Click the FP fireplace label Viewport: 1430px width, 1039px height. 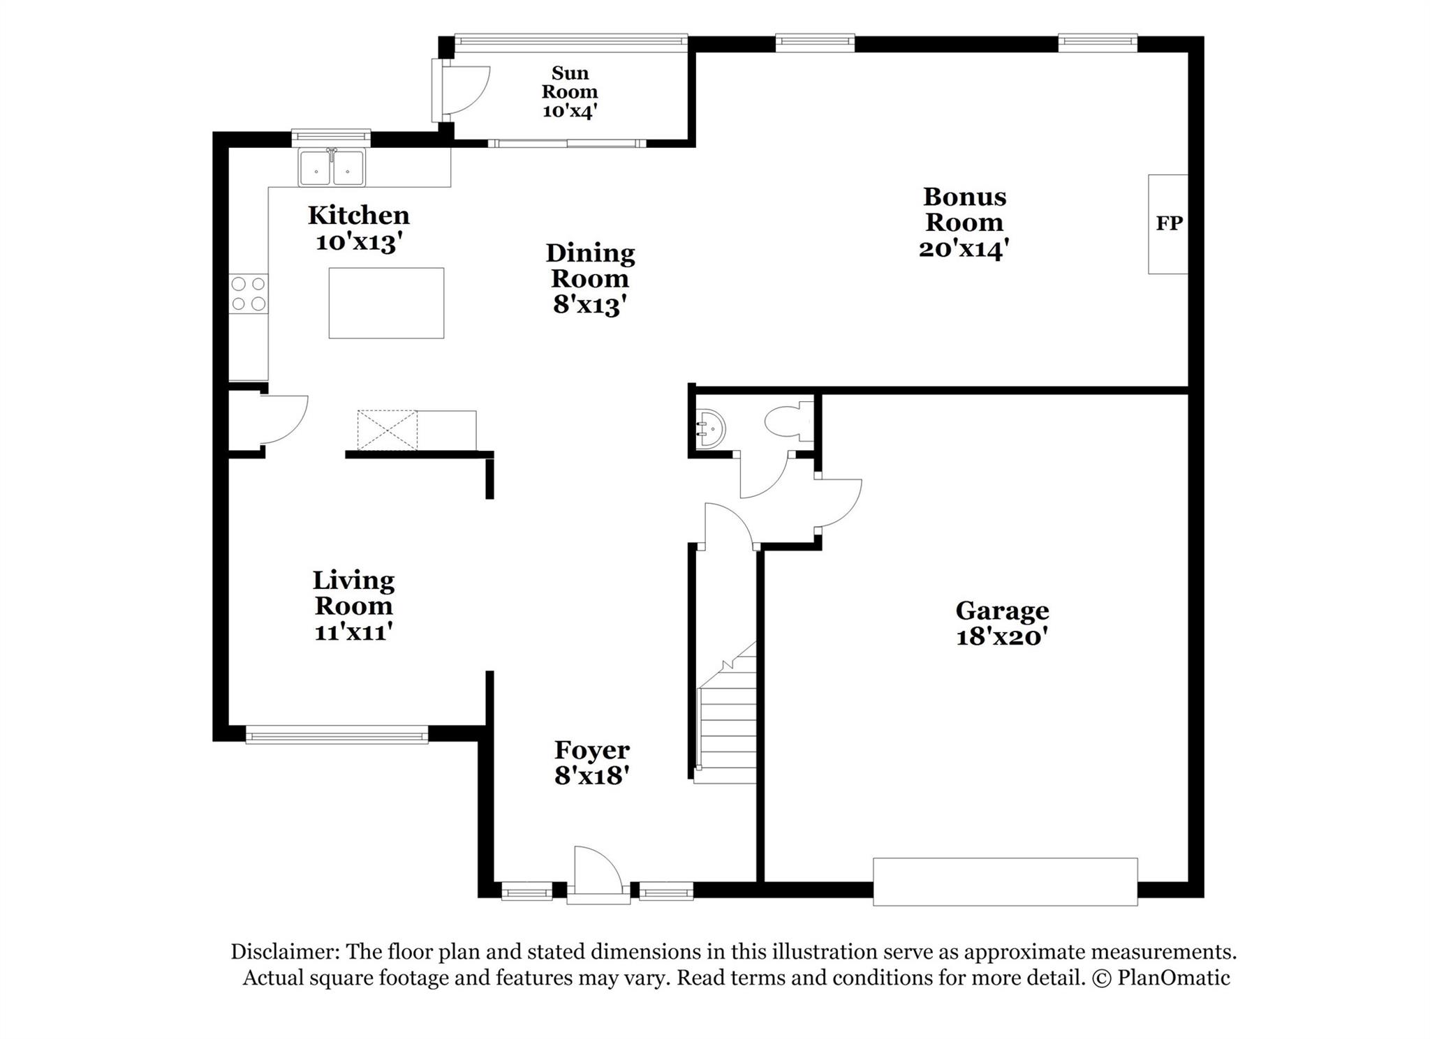pos(1169,223)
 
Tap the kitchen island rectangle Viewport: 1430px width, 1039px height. pos(386,303)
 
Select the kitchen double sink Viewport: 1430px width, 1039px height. pos(332,168)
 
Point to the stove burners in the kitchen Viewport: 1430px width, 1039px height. pos(249,294)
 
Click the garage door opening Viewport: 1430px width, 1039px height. pos(1005,882)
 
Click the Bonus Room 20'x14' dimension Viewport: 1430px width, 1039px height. pos(964,249)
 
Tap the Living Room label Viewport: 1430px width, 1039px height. pos(353,593)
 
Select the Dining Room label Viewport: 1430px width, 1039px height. pos(590,266)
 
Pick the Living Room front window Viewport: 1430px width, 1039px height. pos(337,735)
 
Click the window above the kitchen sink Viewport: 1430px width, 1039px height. pos(330,135)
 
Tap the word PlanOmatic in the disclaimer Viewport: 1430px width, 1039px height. pos(1174,978)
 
